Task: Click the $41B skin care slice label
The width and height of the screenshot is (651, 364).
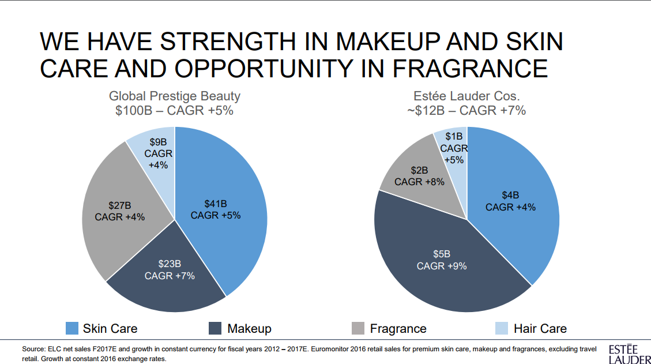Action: pos(215,209)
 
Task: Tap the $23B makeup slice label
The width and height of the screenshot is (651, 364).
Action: pos(170,269)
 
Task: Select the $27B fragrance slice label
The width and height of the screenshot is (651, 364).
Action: pos(119,211)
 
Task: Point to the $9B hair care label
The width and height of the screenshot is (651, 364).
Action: pos(158,153)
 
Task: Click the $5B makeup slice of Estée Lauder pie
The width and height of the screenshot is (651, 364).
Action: pos(442,260)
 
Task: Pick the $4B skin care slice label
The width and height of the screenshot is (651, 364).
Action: pos(510,201)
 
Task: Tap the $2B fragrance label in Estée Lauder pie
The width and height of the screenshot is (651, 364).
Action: pos(419,176)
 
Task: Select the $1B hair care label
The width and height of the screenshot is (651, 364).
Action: pos(454,148)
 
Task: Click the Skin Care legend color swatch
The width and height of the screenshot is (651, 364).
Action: pos(72,328)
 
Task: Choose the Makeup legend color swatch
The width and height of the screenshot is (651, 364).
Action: pos(215,328)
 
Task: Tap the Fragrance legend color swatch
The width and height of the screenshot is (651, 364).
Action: pos(358,328)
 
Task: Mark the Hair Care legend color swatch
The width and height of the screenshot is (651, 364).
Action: pos(502,328)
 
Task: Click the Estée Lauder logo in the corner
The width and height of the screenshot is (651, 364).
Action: pos(626,354)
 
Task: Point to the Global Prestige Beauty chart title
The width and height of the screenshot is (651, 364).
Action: pos(175,96)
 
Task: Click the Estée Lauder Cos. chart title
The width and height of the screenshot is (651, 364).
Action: pos(471,96)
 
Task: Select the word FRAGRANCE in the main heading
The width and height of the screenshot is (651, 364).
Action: pos(470,68)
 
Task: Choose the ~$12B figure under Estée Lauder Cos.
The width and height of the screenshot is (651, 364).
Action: pos(430,110)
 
